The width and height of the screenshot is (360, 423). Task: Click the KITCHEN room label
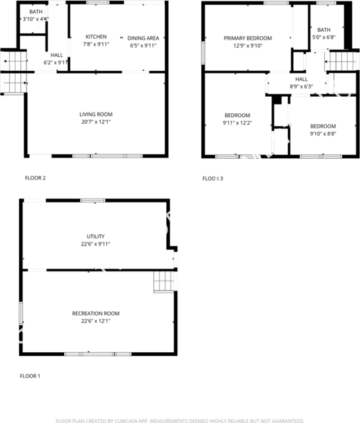[x=96, y=37]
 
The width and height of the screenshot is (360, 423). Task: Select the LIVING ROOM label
[x=96, y=115]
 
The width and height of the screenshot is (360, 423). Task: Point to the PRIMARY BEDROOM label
[x=247, y=38]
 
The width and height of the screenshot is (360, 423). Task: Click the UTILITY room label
[x=95, y=236]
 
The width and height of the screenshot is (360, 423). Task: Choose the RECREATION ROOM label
[x=95, y=313]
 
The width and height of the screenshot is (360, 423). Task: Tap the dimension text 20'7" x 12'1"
[x=96, y=122]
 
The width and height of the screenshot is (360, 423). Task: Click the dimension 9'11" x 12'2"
[x=236, y=122]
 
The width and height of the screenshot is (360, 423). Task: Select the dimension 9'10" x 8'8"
[x=323, y=134]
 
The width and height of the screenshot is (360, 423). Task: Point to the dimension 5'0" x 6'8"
[x=324, y=38]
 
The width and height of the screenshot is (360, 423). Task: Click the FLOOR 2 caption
[x=35, y=177]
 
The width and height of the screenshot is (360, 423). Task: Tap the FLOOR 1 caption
[x=30, y=376]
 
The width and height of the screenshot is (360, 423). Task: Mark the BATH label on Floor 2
[x=35, y=12]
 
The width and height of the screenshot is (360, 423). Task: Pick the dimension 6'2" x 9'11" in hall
[x=56, y=62]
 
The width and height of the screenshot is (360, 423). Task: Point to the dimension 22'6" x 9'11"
[x=95, y=244]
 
